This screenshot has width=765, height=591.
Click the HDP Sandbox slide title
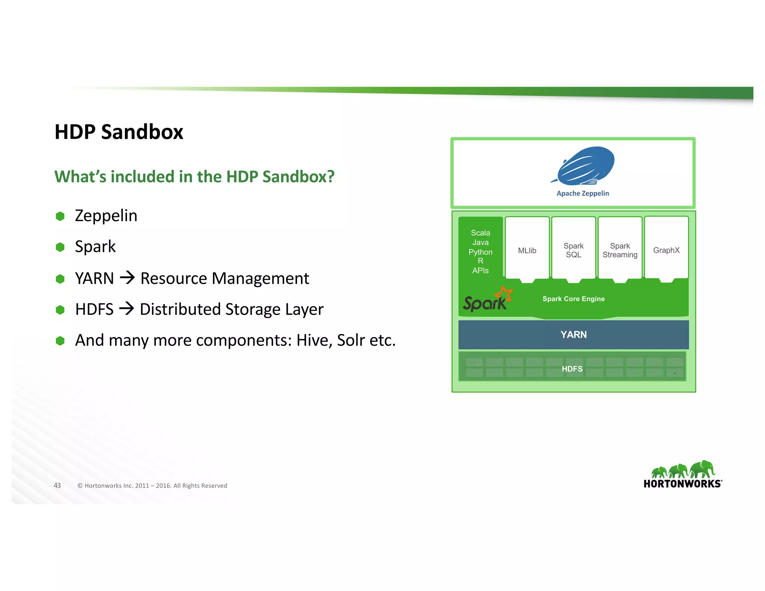point(119,132)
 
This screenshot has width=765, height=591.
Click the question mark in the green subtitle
point(330,177)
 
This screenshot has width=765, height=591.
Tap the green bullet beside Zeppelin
point(60,216)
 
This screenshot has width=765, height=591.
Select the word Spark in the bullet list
point(95,247)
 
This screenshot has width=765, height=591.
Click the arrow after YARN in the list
point(127,278)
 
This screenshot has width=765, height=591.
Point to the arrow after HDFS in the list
point(127,309)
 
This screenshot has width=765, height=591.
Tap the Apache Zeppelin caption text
point(582,194)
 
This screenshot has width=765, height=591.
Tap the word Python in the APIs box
point(480,252)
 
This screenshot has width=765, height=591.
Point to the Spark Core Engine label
point(573,299)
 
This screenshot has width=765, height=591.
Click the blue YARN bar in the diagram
point(573,335)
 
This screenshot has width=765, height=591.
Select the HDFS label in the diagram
point(572,369)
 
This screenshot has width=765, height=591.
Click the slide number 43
point(57,485)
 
